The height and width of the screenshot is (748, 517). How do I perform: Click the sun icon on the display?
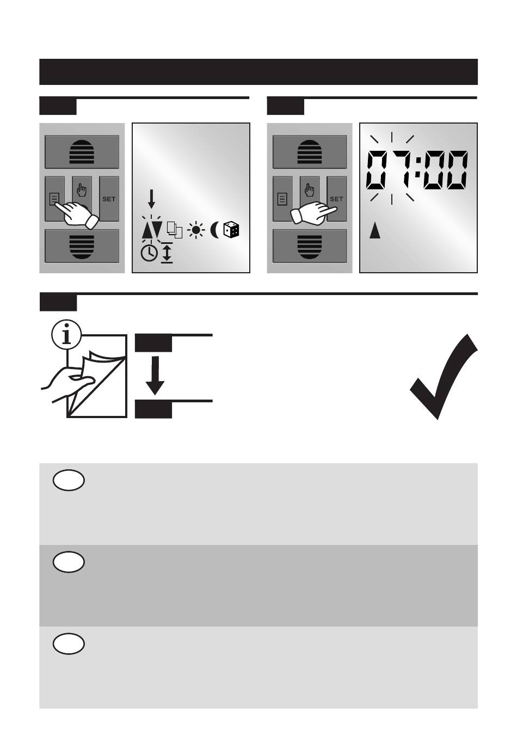196,230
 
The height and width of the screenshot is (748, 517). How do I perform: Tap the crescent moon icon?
214,230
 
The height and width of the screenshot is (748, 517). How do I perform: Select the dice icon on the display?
231,230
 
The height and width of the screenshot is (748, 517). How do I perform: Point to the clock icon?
149,254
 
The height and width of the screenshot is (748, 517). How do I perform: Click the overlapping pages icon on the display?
175,230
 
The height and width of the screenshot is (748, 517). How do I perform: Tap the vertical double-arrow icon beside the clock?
167,253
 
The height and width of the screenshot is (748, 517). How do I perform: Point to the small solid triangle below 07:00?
375,231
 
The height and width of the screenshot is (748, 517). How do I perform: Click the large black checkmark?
444,376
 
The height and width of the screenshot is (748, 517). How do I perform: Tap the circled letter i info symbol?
67,334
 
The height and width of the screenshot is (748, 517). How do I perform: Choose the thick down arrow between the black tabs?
155,375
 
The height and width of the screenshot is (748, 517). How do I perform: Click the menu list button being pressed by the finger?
55,199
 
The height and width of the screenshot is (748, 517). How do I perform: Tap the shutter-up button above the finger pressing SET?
310,152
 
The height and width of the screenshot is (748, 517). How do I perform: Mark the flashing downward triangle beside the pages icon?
157,229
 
